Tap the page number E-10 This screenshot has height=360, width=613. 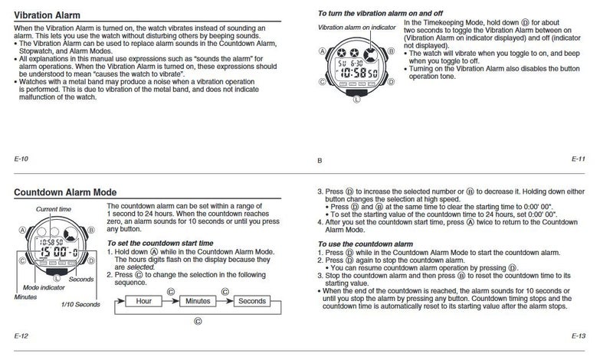21,159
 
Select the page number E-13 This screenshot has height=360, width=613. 579,335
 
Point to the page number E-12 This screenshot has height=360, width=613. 21,335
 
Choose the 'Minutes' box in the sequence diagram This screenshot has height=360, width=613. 196,302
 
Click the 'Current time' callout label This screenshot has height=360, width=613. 54,209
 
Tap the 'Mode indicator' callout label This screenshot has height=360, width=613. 45,286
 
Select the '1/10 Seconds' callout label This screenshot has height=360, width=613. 80,305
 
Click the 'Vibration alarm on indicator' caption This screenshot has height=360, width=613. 354,28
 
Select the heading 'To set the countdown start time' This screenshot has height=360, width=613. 159,243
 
